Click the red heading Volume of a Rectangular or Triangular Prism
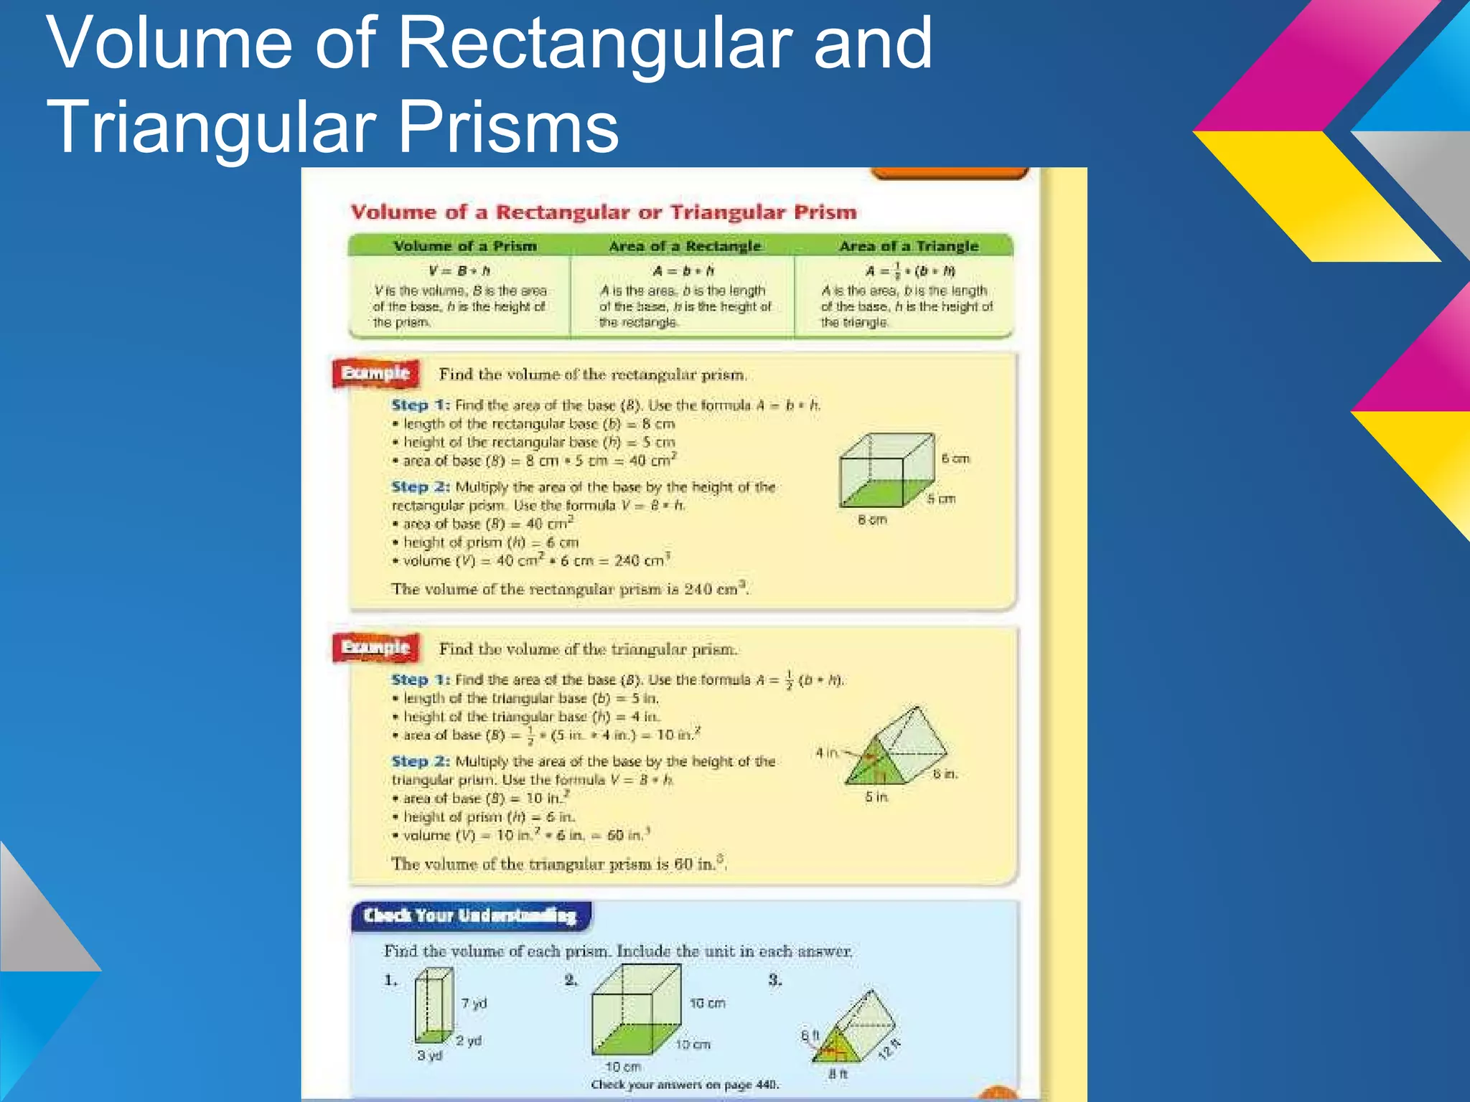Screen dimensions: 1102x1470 tap(604, 212)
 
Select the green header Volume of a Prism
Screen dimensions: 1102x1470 tap(464, 246)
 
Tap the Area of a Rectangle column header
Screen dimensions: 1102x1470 tap(684, 246)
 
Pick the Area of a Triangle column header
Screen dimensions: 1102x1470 tap(908, 246)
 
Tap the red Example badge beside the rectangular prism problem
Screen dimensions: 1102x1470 tap(375, 373)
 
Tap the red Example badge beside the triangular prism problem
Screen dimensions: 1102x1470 tap(375, 647)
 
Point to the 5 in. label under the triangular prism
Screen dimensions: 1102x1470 tap(876, 797)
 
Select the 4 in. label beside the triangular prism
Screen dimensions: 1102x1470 tap(827, 753)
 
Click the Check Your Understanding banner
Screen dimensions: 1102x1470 tap(470, 916)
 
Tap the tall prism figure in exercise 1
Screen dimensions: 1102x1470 tap(434, 1005)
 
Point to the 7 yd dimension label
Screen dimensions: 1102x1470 tap(474, 1004)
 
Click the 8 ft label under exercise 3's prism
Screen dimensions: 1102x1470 tap(838, 1074)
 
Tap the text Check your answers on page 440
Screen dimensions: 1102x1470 tap(684, 1085)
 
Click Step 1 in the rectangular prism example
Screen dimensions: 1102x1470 tap(420, 405)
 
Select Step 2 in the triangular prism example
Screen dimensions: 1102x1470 tap(420, 761)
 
